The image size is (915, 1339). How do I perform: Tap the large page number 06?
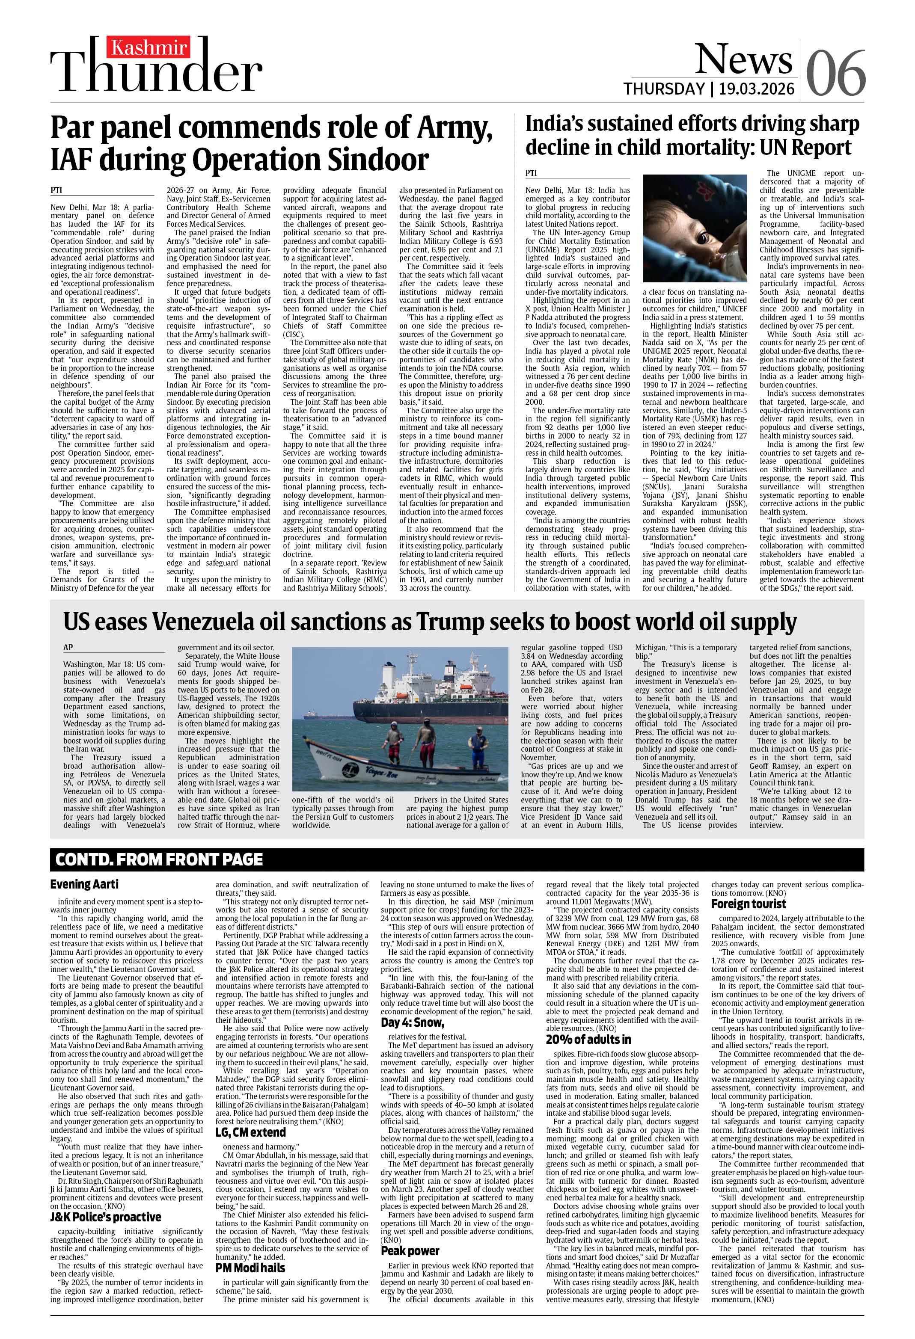(x=835, y=73)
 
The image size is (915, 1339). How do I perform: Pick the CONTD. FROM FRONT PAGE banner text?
(x=159, y=859)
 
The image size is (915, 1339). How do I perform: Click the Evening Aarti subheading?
(x=76, y=884)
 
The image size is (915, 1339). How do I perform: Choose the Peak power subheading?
(x=410, y=1250)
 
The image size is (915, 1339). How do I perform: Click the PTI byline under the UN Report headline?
(x=531, y=173)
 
